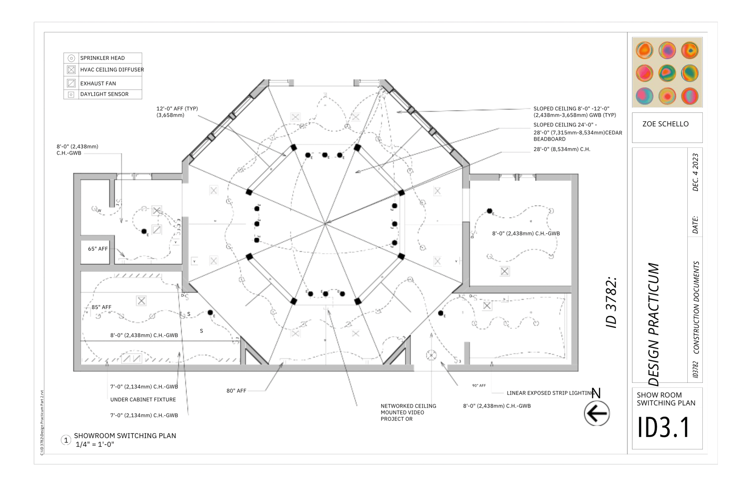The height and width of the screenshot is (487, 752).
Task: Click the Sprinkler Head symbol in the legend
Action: pos(71,58)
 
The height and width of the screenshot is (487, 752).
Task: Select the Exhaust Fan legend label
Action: pos(98,83)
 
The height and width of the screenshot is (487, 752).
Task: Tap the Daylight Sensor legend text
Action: pos(104,94)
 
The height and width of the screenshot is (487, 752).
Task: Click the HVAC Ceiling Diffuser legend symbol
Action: pos(71,70)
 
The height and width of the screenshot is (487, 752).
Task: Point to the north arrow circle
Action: pos(597,413)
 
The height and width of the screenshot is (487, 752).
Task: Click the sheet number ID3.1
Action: pos(663,427)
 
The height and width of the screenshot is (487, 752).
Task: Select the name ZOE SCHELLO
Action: pos(665,124)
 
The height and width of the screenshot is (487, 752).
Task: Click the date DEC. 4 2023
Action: pos(695,172)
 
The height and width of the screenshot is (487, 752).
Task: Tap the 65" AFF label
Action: pos(98,249)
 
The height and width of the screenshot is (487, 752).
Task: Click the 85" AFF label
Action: pos(101,307)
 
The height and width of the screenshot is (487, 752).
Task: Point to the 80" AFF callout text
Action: pos(236,391)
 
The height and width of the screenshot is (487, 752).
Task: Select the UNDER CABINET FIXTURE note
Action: pos(143,400)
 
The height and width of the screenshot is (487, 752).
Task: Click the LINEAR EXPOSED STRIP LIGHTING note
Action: pos(550,393)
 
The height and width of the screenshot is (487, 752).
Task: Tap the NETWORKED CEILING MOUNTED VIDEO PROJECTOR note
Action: pos(408,413)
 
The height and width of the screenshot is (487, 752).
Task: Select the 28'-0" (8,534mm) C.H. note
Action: pos(562,149)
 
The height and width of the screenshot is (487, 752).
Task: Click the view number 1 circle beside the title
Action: pos(66,440)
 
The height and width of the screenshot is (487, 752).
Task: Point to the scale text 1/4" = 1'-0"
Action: pos(95,444)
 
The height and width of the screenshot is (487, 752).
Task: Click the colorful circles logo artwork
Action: pos(667,72)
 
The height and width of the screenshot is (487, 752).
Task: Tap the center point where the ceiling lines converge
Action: pos(325,223)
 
